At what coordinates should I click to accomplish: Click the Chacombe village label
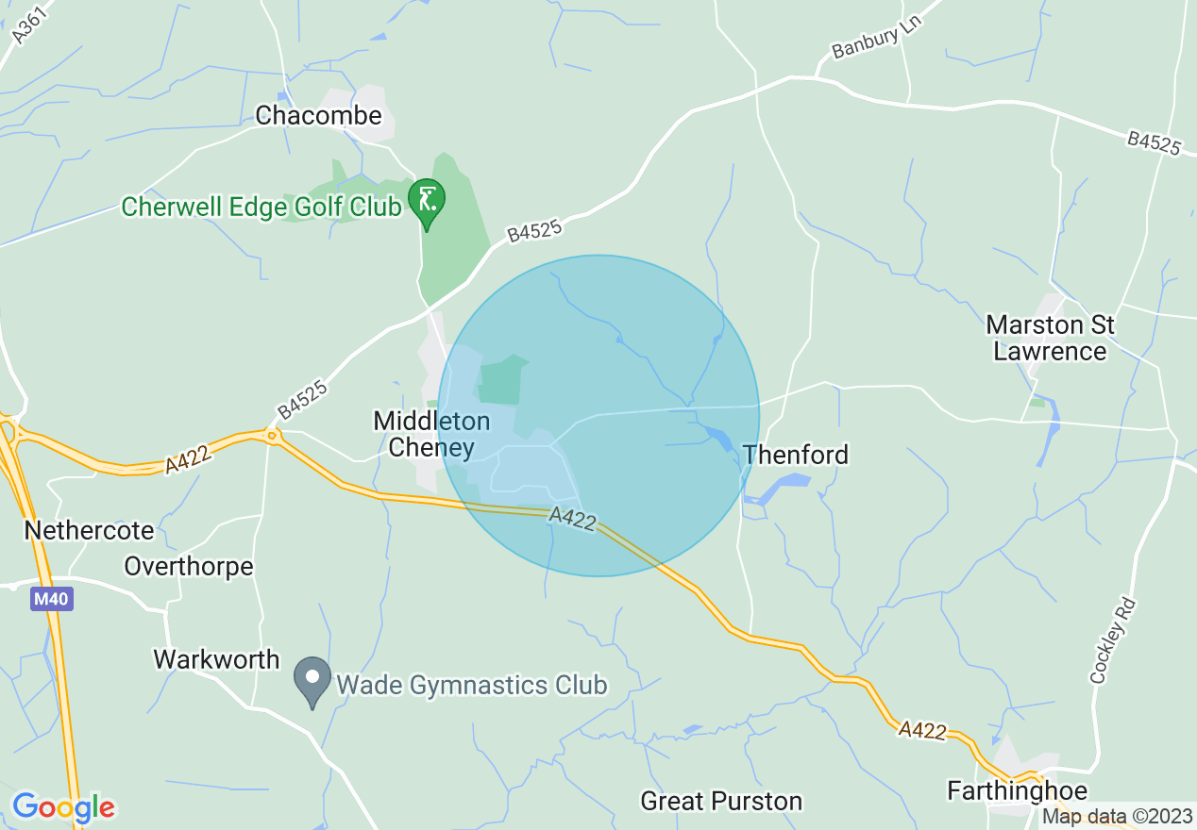(319, 116)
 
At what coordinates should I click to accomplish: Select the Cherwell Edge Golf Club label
(261, 207)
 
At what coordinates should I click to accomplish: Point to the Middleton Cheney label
(431, 434)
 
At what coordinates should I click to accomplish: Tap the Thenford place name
(796, 455)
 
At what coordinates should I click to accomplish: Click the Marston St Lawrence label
(1050, 339)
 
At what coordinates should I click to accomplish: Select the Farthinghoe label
(1018, 791)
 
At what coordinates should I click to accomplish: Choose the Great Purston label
(721, 802)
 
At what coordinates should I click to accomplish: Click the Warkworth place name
(217, 659)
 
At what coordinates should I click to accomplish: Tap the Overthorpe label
(189, 566)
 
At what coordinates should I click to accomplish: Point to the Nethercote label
(89, 530)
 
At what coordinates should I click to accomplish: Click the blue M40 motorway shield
(51, 599)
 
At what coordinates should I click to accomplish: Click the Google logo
(63, 807)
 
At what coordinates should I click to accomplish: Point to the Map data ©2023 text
(1116, 817)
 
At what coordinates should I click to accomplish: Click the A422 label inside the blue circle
(572, 519)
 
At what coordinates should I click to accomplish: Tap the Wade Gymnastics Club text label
(471, 685)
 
